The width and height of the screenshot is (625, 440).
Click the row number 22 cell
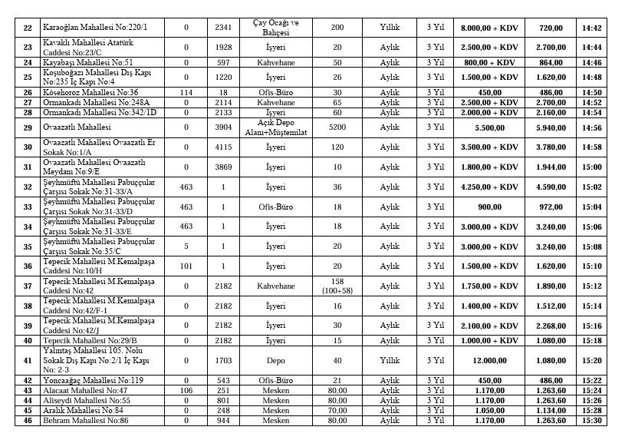pos(28,28)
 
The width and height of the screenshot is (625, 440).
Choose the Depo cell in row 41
pos(274,359)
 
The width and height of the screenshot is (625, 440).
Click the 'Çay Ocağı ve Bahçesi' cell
pos(274,28)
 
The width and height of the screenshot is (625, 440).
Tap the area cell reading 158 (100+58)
pos(337,286)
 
